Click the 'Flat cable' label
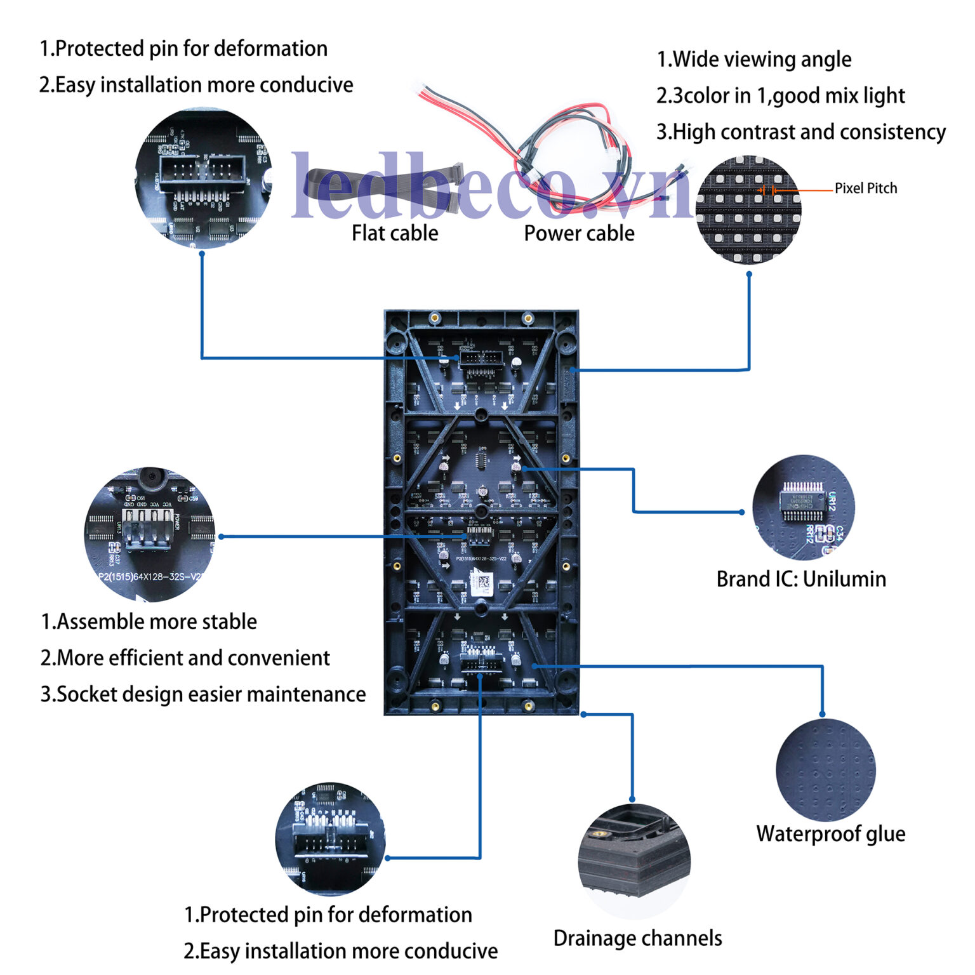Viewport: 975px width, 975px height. tap(395, 234)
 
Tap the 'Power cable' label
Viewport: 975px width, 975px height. tap(579, 234)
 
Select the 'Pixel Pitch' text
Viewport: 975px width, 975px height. tap(866, 189)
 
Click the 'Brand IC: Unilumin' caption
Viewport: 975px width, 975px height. tap(801, 580)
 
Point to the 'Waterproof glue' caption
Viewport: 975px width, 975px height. tap(830, 834)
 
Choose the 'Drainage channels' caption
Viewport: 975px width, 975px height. tap(637, 938)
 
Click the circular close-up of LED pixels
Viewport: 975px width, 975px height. tap(748, 209)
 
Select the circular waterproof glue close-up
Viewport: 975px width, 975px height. tap(825, 769)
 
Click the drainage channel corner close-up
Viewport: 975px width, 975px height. tap(633, 861)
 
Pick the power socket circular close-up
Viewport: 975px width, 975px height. tap(150, 534)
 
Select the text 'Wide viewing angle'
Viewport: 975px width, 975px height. tap(754, 60)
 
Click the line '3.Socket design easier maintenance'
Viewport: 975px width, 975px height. tap(203, 694)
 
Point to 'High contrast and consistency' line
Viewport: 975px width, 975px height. tap(801, 132)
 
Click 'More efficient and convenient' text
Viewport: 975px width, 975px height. tap(185, 658)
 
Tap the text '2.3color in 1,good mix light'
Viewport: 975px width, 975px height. tap(781, 96)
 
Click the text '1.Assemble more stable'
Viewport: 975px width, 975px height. tap(149, 622)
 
